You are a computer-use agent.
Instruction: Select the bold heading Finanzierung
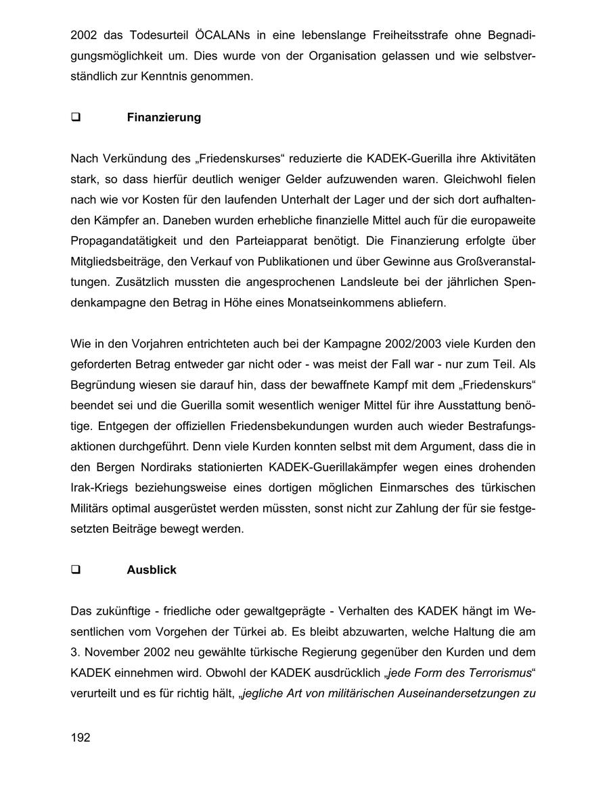(164, 118)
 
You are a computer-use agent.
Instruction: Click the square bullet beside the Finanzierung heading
(76, 118)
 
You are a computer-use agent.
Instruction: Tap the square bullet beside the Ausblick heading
(76, 570)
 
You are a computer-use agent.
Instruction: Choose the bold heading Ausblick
(152, 570)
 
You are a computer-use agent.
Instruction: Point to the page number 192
(80, 738)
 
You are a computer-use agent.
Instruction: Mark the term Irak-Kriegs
(99, 487)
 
